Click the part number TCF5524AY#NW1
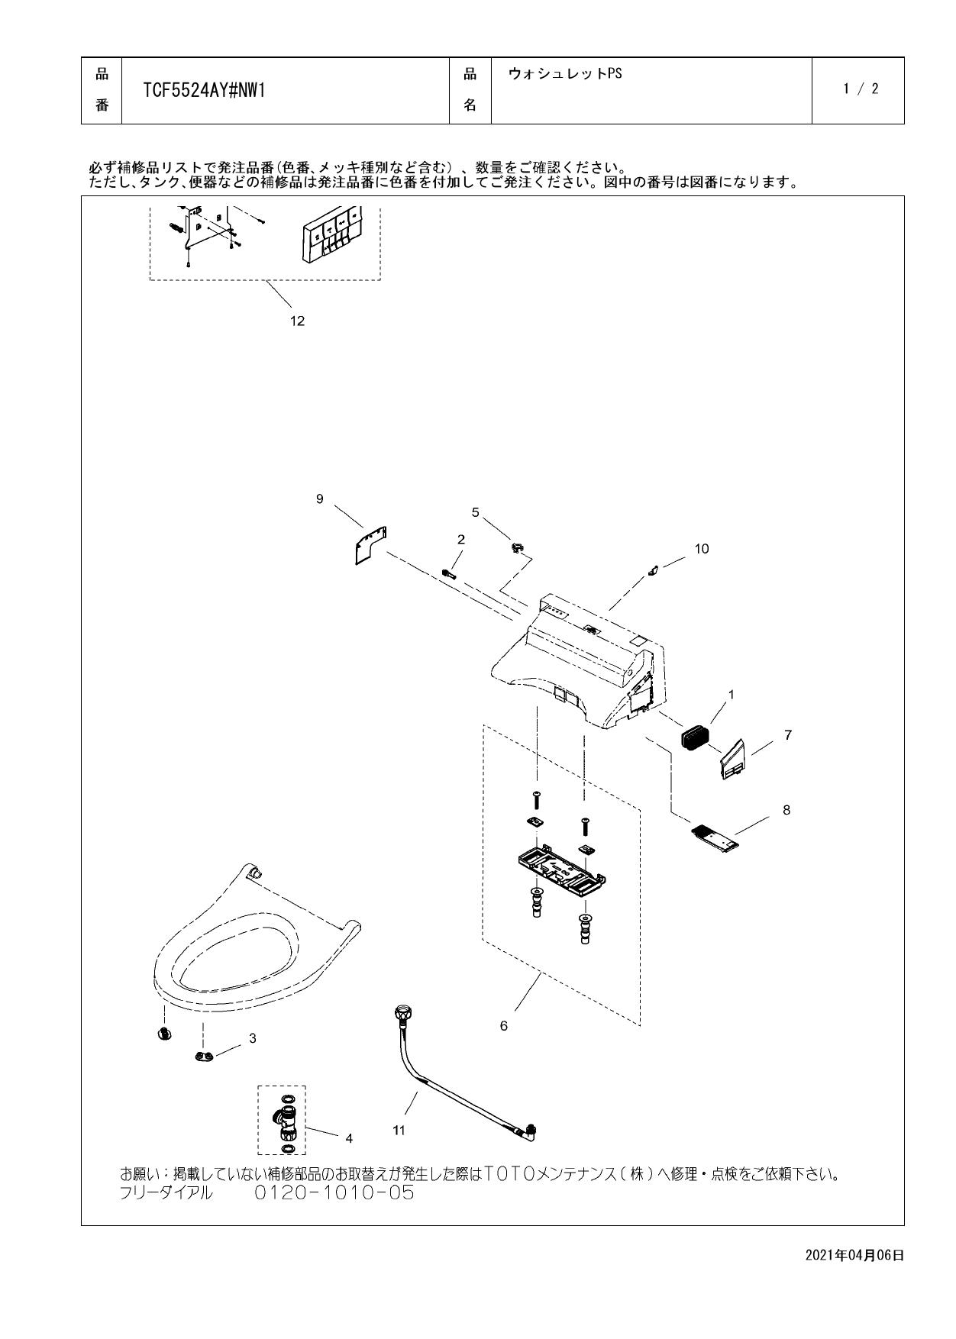click(204, 91)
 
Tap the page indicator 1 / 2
click(861, 89)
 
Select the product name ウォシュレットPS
click(565, 74)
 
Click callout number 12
click(297, 321)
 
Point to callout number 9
click(320, 498)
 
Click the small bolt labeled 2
click(449, 573)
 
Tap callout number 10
click(701, 548)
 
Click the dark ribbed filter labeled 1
click(695, 738)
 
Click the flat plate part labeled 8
click(715, 837)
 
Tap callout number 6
click(503, 1026)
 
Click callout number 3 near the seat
click(253, 1038)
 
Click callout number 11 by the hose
click(399, 1130)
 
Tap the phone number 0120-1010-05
click(334, 1192)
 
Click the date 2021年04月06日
click(854, 1255)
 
